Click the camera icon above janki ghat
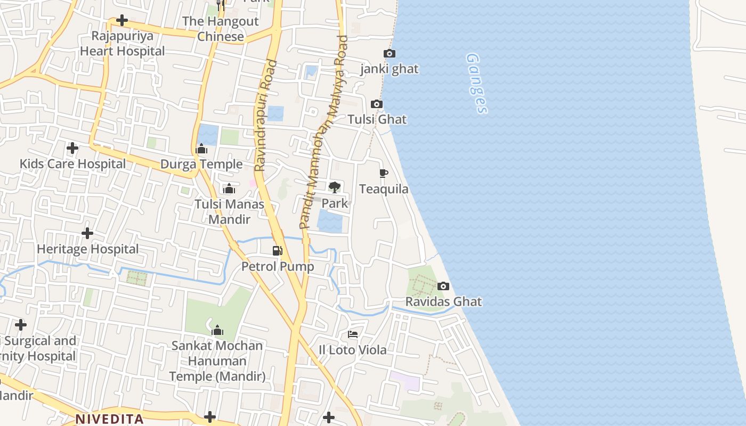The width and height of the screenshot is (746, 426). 390,53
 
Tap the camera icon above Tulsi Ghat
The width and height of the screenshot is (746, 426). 377,104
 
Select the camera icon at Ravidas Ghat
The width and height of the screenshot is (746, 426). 443,286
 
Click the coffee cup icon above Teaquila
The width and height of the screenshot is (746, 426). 384,173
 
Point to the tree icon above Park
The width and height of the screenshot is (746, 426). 335,187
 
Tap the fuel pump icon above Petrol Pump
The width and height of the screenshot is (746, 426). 277,250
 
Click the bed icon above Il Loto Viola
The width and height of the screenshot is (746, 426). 353,334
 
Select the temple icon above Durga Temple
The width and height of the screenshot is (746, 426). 201,149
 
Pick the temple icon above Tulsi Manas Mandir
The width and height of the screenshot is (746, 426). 229,189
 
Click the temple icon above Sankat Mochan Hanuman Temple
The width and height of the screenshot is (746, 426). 217,330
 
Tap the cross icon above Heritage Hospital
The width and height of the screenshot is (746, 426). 87,233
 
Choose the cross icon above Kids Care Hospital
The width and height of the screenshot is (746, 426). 72,148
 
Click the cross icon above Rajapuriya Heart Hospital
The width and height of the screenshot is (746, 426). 122,21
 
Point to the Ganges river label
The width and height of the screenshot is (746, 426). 476,83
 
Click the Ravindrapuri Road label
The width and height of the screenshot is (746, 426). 265,115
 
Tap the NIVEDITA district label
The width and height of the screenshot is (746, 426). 109,419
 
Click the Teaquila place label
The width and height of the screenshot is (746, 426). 384,189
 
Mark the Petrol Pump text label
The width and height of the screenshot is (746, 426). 278,266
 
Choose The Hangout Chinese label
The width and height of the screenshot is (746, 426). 221,29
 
